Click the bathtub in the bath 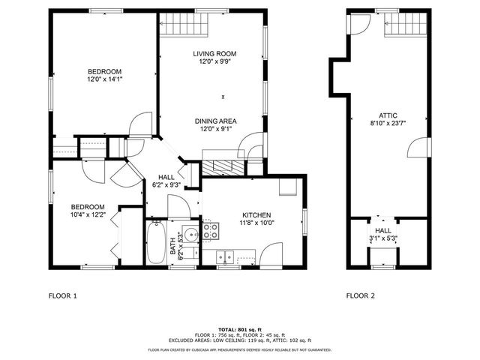[156, 241]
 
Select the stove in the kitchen [211, 229]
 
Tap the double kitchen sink [226, 258]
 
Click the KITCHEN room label [256, 214]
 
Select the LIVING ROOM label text [215, 53]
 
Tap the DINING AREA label [215, 121]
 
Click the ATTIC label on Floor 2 [388, 116]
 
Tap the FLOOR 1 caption [62, 295]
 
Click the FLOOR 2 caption [360, 295]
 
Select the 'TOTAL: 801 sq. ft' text [240, 329]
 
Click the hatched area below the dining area [223, 167]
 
